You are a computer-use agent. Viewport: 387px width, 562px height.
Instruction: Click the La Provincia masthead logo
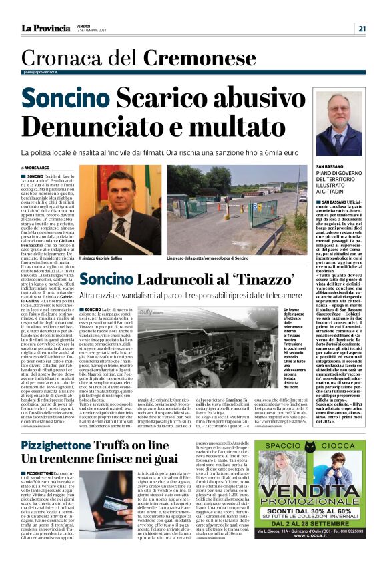tap(45, 28)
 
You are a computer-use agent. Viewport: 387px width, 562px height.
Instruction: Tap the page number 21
tap(361, 28)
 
